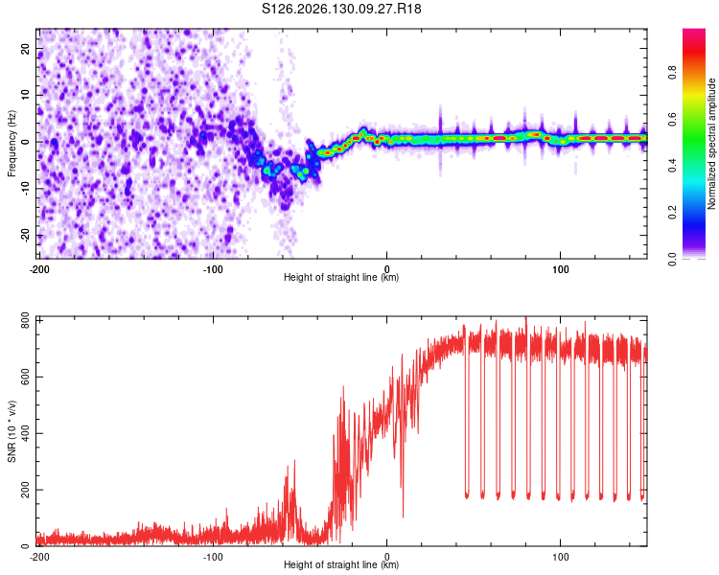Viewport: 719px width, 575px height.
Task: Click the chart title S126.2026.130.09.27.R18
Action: [x=341, y=9]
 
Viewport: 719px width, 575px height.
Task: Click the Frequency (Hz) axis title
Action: [x=12, y=144]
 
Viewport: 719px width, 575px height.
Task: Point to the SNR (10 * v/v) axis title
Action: [x=12, y=431]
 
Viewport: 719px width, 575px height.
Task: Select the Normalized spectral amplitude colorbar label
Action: [x=711, y=144]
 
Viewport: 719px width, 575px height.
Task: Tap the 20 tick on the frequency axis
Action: [x=25, y=48]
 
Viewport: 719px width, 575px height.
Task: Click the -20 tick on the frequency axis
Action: [x=25, y=236]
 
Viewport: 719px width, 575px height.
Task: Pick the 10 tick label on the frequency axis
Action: [x=25, y=95]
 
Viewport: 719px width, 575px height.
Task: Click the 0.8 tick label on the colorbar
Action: [x=672, y=73]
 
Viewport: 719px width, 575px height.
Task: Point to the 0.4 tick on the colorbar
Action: [x=672, y=166]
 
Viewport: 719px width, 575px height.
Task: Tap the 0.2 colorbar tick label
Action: [x=672, y=213]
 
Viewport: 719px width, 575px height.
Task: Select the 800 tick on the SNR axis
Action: [x=25, y=321]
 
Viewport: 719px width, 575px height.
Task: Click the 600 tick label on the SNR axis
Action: [x=25, y=377]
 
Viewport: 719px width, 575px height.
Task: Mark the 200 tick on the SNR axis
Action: [x=25, y=490]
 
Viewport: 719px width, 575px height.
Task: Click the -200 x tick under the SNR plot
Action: [x=39, y=557]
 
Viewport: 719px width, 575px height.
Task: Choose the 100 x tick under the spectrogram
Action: [x=561, y=269]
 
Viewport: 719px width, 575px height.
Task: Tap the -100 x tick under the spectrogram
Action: [x=213, y=269]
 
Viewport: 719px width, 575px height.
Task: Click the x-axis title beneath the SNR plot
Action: [x=341, y=564]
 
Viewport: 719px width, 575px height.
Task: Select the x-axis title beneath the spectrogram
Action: [x=341, y=277]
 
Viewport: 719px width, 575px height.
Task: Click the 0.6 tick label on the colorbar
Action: [x=672, y=119]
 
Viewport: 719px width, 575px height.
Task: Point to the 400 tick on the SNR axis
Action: [x=25, y=433]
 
